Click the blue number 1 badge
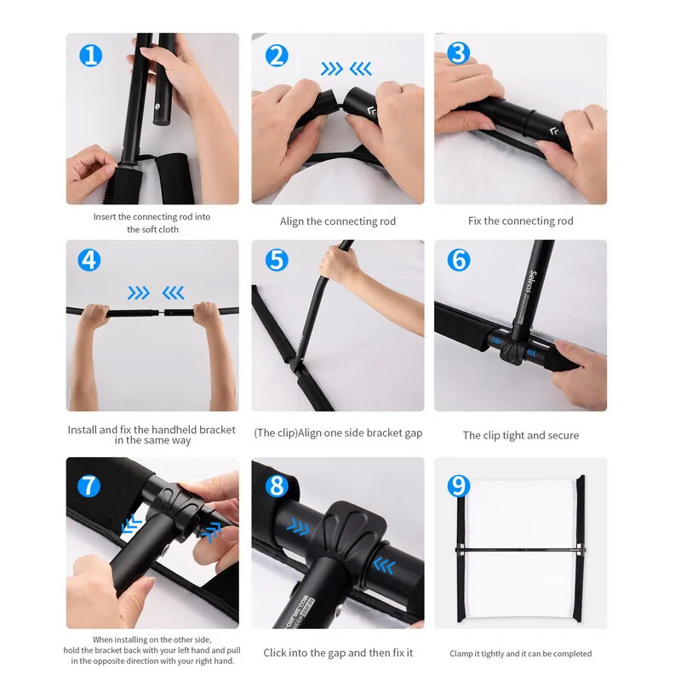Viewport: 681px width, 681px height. point(91,55)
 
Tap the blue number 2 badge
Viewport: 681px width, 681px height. point(277,55)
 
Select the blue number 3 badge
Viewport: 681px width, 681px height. point(459,53)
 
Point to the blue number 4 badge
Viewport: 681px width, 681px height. point(89,260)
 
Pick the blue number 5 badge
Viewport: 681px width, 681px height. point(277,260)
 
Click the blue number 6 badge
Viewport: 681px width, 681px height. point(459,260)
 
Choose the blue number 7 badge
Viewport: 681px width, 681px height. point(89,486)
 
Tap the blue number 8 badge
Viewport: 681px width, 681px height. point(277,486)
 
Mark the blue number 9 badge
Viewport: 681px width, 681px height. point(459,486)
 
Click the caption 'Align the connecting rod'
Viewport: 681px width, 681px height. point(338,221)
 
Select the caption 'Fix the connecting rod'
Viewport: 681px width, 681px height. point(521,221)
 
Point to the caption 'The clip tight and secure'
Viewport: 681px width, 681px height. point(521,435)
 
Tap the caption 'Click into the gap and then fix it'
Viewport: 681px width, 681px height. point(338,653)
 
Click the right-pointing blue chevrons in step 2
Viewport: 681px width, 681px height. point(332,69)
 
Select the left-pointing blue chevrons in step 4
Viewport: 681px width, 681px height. point(174,293)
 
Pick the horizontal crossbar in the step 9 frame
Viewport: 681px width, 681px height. point(521,551)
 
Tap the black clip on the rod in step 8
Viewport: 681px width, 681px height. point(352,530)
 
